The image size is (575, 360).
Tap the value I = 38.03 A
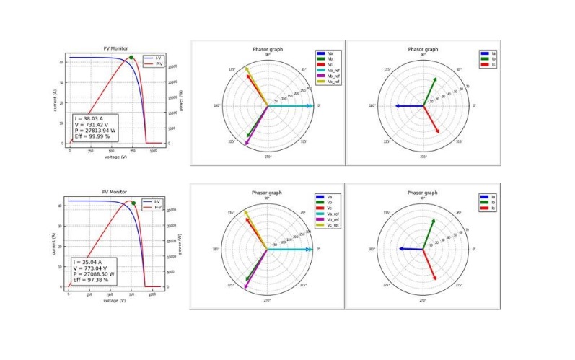point(92,118)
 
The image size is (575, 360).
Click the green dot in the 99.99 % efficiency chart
point(131,58)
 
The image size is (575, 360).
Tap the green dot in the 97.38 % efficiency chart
point(133,203)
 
